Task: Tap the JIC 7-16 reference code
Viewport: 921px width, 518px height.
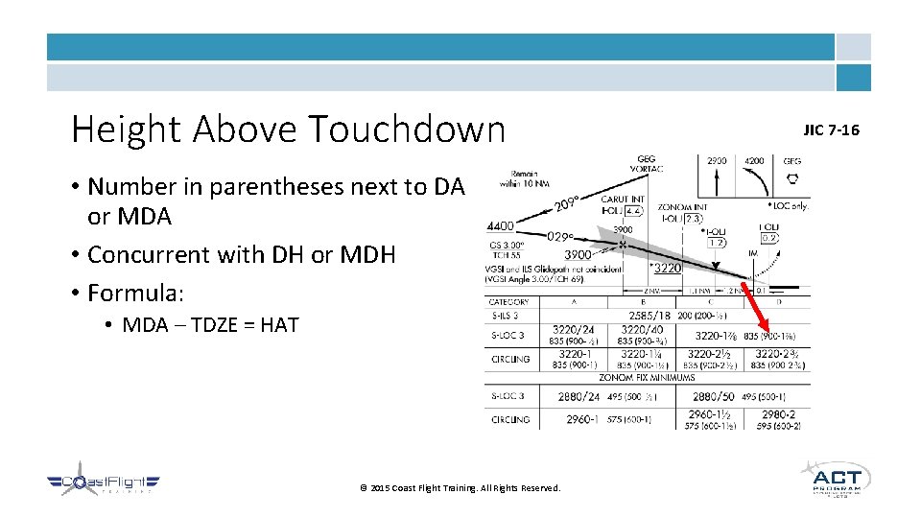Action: point(832,129)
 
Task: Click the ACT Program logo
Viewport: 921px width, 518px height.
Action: point(835,479)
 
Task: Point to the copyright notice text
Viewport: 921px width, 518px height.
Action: point(460,488)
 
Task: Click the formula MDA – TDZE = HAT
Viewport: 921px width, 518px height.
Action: point(210,325)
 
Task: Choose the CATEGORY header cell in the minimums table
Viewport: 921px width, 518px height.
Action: point(509,302)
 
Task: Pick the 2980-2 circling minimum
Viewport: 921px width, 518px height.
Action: point(777,413)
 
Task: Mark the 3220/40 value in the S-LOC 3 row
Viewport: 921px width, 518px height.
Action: point(642,330)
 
